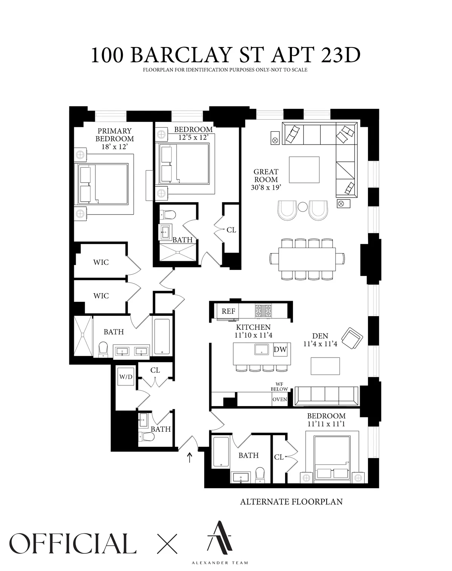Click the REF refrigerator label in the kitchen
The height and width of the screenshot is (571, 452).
tap(228, 311)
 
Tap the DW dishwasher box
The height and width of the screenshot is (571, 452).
tap(280, 350)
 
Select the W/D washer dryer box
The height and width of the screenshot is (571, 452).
tap(126, 377)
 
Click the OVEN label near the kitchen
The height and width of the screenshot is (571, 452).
tap(280, 400)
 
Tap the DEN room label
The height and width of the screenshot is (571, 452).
tap(320, 336)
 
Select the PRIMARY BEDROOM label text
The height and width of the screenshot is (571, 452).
tap(115, 135)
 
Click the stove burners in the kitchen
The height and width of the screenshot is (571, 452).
tap(263, 311)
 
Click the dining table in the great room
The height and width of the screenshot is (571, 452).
tap(307, 259)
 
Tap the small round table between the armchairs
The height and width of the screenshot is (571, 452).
tap(303, 207)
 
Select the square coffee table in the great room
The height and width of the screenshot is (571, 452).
tap(304, 171)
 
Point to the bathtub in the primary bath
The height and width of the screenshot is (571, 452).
tap(162, 337)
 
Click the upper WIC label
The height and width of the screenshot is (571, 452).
tap(101, 262)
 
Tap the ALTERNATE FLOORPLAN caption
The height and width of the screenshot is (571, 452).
tap(291, 502)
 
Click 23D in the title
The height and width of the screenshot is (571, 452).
tap(341, 55)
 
